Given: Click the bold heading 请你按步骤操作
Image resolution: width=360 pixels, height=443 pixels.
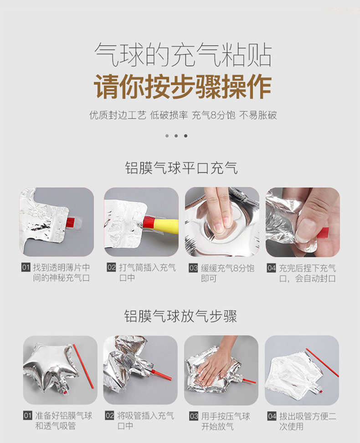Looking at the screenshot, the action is pyautogui.click(x=182, y=86).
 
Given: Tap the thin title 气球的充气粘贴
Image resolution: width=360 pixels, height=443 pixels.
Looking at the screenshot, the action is pyautogui.click(x=182, y=55).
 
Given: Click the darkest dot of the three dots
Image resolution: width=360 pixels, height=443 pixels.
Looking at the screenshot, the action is pyautogui.click(x=185, y=136).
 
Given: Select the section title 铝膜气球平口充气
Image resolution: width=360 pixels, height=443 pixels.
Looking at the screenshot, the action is pyautogui.click(x=181, y=168).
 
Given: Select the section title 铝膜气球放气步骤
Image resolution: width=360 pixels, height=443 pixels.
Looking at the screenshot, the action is pyautogui.click(x=180, y=316).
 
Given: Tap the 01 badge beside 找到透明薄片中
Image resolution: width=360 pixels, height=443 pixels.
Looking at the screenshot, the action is pyautogui.click(x=26, y=267).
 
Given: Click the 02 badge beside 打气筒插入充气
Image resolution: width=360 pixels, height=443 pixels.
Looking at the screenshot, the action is pyautogui.click(x=112, y=267).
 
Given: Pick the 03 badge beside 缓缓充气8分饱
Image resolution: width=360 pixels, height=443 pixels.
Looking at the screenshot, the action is pyautogui.click(x=193, y=268).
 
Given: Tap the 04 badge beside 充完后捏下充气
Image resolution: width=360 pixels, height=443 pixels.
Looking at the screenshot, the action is pyautogui.click(x=272, y=268).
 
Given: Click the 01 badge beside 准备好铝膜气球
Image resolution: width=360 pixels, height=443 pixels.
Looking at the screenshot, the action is pyautogui.click(x=28, y=415).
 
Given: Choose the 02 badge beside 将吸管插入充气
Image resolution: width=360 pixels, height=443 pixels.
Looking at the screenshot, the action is pyautogui.click(x=110, y=415).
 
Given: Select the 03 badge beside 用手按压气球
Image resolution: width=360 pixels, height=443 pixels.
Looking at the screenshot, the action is pyautogui.click(x=194, y=416).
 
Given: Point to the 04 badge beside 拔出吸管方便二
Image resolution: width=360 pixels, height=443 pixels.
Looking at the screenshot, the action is pyautogui.click(x=272, y=416).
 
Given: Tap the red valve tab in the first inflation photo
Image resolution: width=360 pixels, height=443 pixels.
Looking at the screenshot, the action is pyautogui.click(x=71, y=222).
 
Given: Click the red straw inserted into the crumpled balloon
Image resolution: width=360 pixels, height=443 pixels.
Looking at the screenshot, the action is pyautogui.click(x=162, y=373).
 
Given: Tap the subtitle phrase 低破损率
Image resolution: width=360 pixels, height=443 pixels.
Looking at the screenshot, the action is pyautogui.click(x=169, y=115).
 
